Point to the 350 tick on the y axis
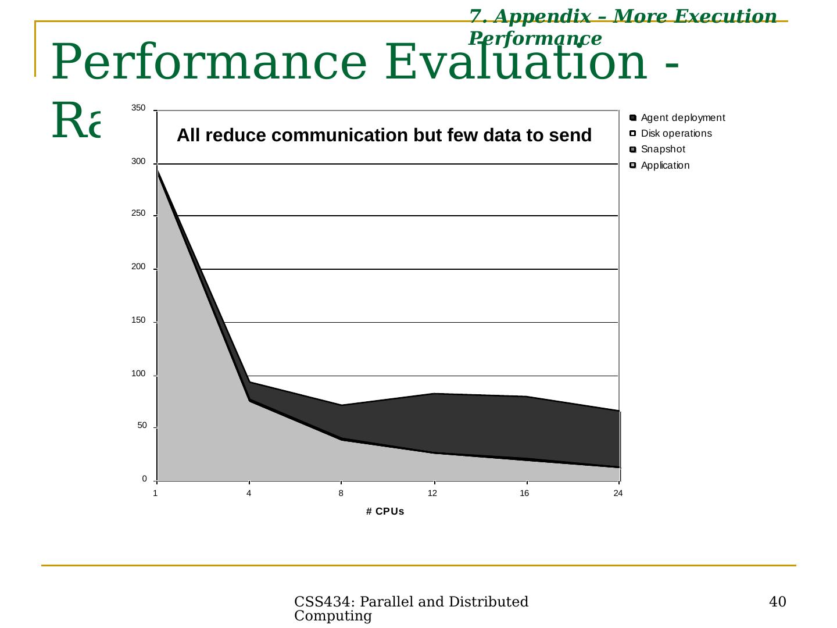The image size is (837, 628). [138, 108]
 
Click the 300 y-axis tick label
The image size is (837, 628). [138, 162]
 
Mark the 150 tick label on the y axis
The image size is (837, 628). [138, 320]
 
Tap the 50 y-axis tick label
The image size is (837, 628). [142, 426]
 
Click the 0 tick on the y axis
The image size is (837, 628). [144, 479]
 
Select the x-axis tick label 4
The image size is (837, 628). [249, 494]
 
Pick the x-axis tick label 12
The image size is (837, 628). [432, 494]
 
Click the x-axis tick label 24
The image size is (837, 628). [618, 494]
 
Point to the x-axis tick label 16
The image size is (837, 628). [524, 494]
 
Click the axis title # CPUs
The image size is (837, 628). [385, 512]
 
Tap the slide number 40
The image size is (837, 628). [777, 602]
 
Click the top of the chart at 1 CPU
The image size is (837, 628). [158, 169]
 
